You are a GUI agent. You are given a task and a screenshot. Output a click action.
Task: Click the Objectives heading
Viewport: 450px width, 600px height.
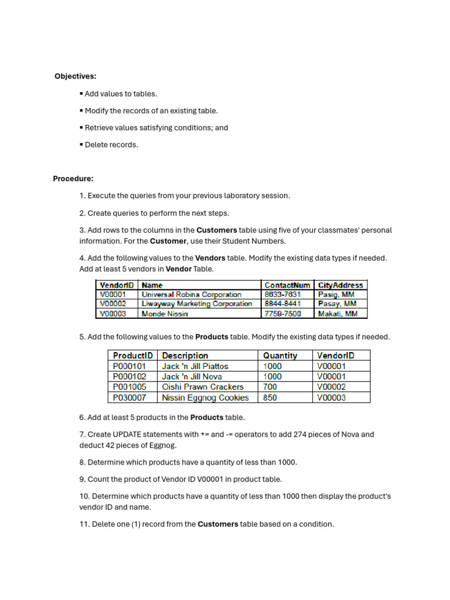pyautogui.click(x=76, y=76)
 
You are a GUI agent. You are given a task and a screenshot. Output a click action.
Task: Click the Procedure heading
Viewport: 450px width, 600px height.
pyautogui.click(x=73, y=179)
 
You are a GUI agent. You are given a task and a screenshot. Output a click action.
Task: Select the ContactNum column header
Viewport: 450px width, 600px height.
pyautogui.click(x=287, y=285)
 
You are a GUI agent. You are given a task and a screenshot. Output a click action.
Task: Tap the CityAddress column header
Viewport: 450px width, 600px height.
pyautogui.click(x=340, y=285)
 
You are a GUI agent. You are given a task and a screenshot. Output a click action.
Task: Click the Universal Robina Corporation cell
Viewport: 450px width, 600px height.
pyautogui.click(x=191, y=295)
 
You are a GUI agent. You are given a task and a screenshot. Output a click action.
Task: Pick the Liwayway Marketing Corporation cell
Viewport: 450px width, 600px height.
pyautogui.click(x=197, y=304)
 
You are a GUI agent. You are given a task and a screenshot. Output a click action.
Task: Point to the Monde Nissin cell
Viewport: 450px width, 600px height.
pyautogui.click(x=165, y=313)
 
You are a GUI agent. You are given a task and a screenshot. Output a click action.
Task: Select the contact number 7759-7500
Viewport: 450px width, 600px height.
pyautogui.click(x=282, y=313)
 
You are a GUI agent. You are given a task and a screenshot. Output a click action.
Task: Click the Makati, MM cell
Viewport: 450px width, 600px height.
pyautogui.click(x=337, y=313)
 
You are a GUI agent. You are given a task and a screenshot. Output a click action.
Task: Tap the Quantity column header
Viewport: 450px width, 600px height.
pyautogui.click(x=280, y=355)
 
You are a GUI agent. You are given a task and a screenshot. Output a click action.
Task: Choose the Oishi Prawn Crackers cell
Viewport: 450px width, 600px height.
pyautogui.click(x=202, y=387)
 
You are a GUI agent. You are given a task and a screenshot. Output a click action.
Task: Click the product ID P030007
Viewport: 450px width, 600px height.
pyautogui.click(x=129, y=398)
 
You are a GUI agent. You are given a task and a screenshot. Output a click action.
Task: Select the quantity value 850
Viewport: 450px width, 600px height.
pyautogui.click(x=272, y=398)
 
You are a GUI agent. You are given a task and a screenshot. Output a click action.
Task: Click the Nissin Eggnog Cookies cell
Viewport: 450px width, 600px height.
pyautogui.click(x=205, y=398)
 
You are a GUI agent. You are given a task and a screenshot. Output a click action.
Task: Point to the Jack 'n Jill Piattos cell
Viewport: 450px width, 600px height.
pyautogui.click(x=195, y=366)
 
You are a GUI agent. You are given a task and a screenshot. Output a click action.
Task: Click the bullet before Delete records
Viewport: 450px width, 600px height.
pyautogui.click(x=81, y=145)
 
